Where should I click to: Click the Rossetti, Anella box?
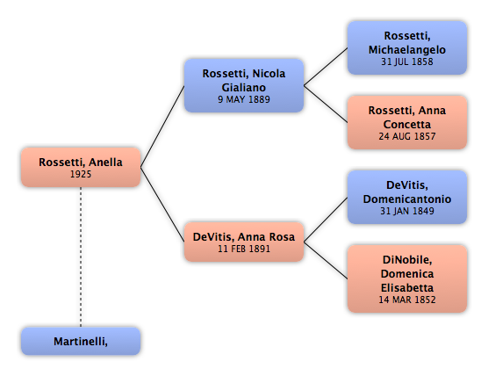(x=81, y=167)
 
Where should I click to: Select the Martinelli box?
(x=81, y=341)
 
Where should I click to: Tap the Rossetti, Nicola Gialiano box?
(x=244, y=86)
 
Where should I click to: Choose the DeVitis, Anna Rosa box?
(x=244, y=242)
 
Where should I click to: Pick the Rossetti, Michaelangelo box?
(x=407, y=48)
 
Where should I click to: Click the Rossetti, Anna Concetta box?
(x=407, y=122)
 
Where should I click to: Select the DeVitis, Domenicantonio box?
(x=407, y=197)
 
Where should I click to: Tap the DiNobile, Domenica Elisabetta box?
(x=407, y=278)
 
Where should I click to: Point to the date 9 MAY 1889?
(x=244, y=99)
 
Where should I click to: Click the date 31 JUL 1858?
(x=407, y=61)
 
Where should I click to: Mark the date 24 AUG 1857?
(x=407, y=136)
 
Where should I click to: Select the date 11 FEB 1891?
(x=244, y=249)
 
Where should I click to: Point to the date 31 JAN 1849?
(x=407, y=211)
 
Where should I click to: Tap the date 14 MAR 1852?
(x=407, y=300)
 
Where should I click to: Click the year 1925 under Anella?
(x=81, y=174)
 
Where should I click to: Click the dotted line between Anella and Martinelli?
(x=81, y=257)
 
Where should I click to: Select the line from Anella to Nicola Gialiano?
(x=162, y=127)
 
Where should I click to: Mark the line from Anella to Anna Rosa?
(x=162, y=205)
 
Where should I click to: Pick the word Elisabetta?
(x=407, y=287)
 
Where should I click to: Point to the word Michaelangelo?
(x=407, y=50)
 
